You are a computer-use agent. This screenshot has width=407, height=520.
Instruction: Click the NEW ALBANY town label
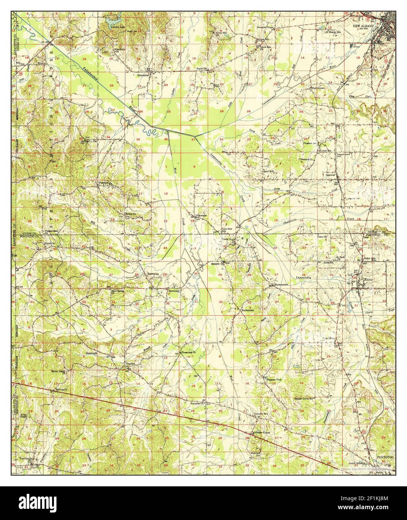(x=361, y=26)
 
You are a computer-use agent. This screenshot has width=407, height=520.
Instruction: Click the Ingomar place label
(x=330, y=175)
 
